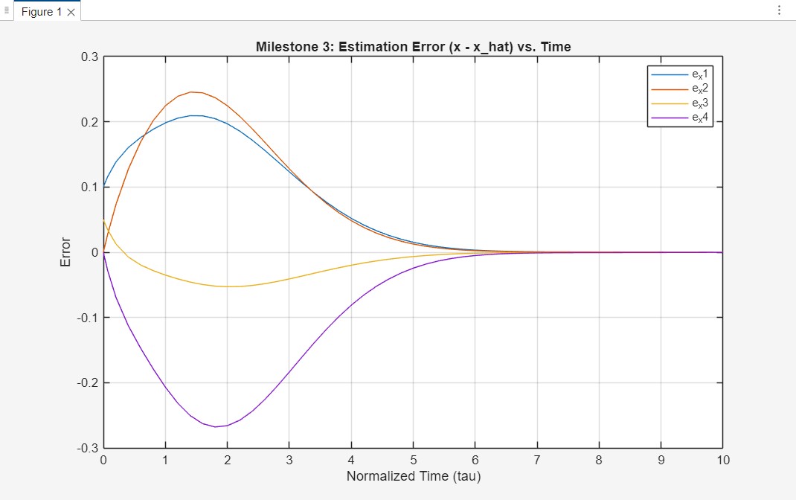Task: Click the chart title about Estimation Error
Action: [413, 47]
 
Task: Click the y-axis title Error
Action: [65, 252]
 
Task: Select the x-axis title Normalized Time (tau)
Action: [413, 475]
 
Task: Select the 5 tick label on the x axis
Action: [413, 460]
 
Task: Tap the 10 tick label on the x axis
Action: [722, 460]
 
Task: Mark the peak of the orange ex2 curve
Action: [191, 92]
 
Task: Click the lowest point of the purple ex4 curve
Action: [215, 426]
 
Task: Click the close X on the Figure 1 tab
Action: [71, 12]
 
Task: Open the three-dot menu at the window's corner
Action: [779, 10]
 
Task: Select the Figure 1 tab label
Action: [42, 12]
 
